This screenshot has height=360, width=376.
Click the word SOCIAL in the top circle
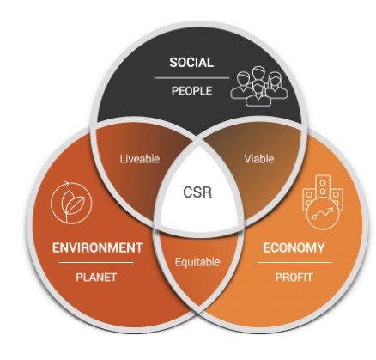191,63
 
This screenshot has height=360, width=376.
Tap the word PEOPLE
191,91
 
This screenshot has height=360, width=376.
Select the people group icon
259,86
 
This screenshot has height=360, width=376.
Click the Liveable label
140,159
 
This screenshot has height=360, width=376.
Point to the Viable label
259,159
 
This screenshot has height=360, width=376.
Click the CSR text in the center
197,192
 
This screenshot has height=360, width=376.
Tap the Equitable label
197,262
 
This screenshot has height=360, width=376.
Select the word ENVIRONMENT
97,247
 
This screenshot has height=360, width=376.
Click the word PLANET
96,278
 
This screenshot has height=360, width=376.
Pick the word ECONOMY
294,247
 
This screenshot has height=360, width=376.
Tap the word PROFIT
294,278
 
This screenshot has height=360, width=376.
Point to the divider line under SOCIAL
191,77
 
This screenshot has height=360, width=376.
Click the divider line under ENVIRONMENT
96,262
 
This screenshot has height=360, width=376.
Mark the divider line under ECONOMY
294,262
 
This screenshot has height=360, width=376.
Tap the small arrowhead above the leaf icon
67,184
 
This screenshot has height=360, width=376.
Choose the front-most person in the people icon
258,94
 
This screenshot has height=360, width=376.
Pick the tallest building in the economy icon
323,186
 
